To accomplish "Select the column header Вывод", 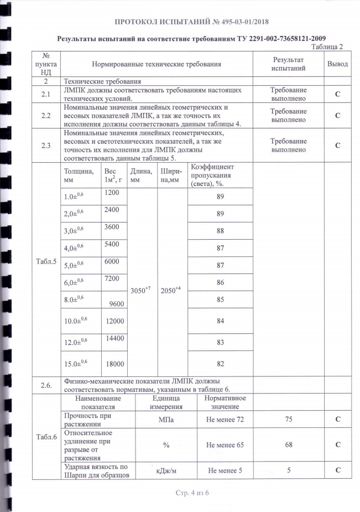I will tap(337, 64).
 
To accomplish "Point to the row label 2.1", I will tap(46, 94).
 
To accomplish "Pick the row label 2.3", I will tap(46, 145).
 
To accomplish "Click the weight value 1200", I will tap(112, 192).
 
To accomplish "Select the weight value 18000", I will tap(115, 363).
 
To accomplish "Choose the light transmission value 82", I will tap(221, 363).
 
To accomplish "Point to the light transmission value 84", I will tap(221, 321).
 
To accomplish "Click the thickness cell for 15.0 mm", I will tap(77, 363).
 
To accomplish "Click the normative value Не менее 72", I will tap(225, 420).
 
